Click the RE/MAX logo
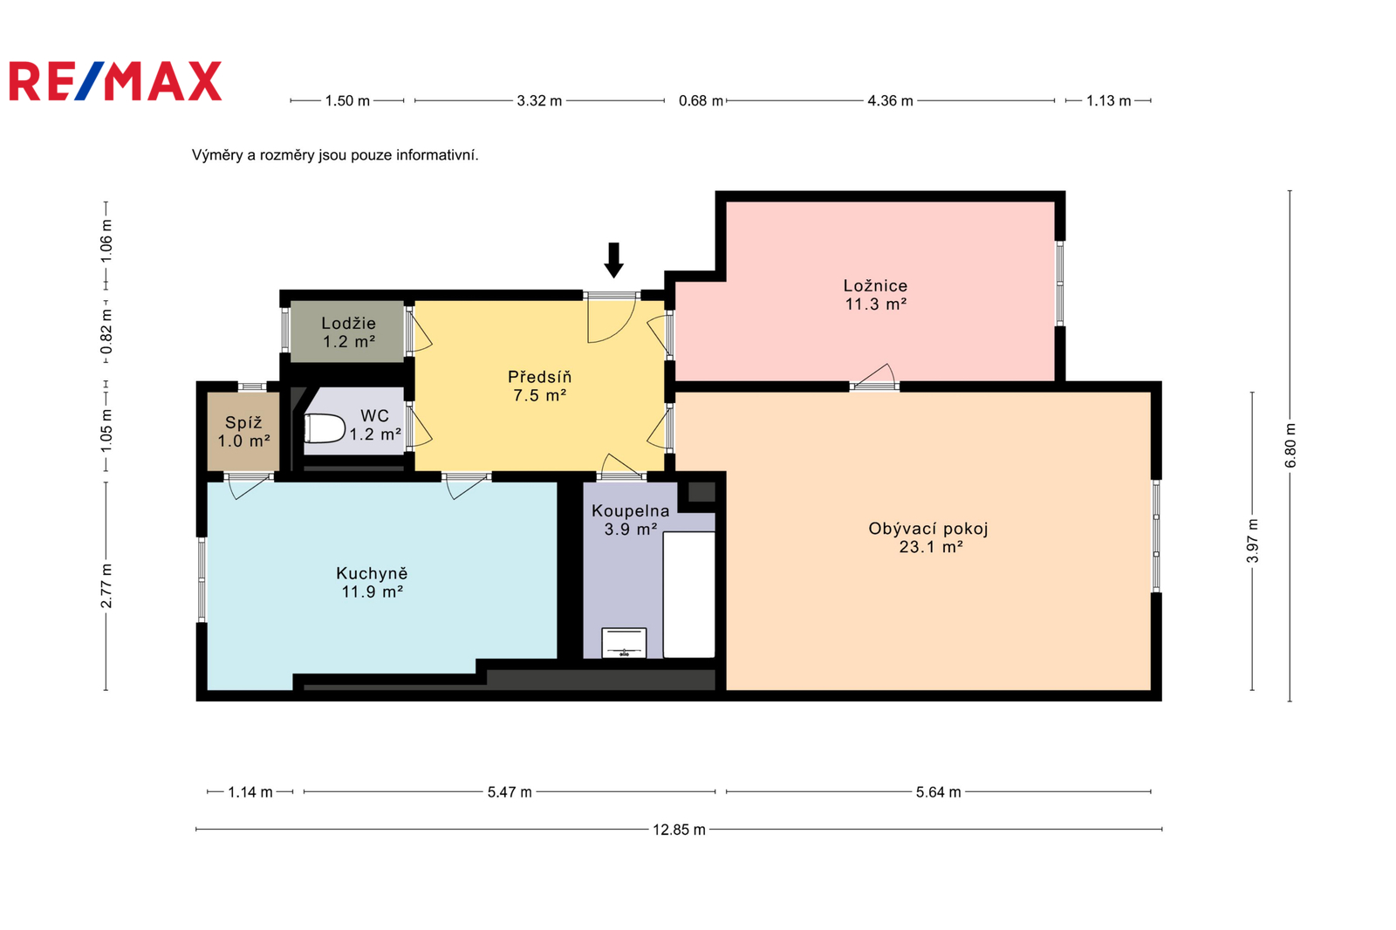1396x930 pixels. coord(115,81)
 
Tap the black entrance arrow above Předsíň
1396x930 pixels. coord(614,260)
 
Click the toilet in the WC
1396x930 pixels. coord(324,429)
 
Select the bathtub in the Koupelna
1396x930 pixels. coord(688,595)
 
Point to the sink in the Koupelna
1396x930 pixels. coord(624,643)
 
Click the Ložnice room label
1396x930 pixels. coord(876,286)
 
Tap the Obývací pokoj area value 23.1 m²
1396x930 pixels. coord(931,547)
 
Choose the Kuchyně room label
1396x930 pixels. coord(372,573)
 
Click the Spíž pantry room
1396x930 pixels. coord(243,431)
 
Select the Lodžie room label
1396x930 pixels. coord(348,324)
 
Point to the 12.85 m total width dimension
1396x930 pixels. coord(679,830)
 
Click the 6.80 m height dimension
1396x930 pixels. coord(1290,446)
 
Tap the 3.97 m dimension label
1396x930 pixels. coord(1253,540)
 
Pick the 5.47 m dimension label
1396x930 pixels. coord(510,792)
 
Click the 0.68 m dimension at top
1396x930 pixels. coord(701,101)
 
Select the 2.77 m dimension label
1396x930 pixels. coord(106,586)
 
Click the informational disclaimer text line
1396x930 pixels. coord(335,155)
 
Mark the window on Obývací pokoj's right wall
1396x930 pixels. coord(1156,536)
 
